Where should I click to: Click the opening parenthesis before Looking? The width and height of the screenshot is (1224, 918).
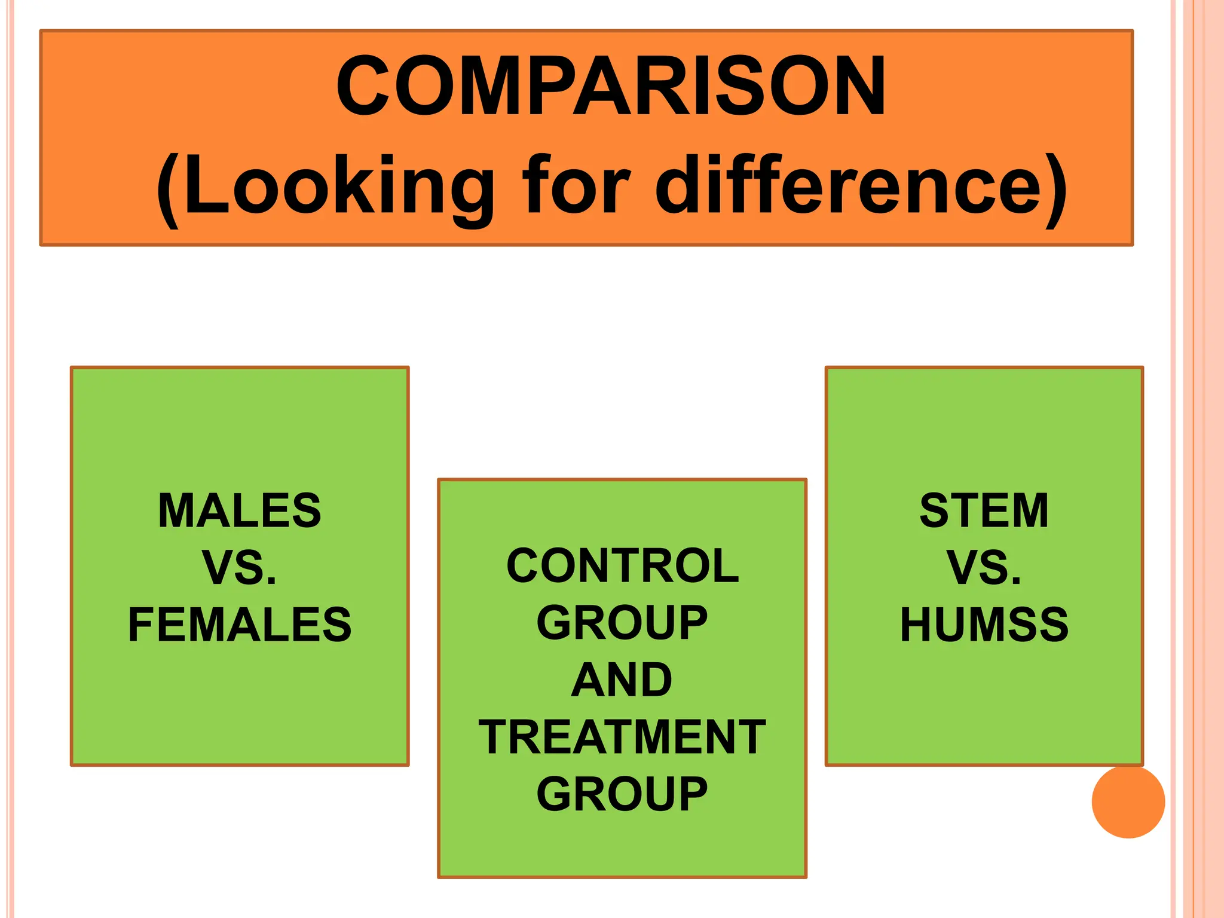pyautogui.click(x=168, y=190)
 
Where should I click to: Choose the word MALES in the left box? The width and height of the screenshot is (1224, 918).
pyautogui.click(x=240, y=510)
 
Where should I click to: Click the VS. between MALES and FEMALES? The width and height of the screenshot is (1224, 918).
pyautogui.click(x=240, y=567)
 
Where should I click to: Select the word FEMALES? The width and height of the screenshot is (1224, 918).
pyautogui.click(x=240, y=625)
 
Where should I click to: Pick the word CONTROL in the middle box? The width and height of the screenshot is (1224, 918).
pyautogui.click(x=622, y=565)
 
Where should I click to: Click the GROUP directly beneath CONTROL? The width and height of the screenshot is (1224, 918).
pyautogui.click(x=622, y=623)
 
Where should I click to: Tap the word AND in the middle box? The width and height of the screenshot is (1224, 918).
pyautogui.click(x=622, y=680)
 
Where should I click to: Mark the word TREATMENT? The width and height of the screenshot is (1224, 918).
pyautogui.click(x=622, y=737)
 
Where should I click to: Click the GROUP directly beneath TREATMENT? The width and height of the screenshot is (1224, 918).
pyautogui.click(x=622, y=794)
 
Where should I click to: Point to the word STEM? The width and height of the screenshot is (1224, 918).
pyautogui.click(x=984, y=510)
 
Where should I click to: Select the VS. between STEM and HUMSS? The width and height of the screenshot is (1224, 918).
pyautogui.click(x=984, y=567)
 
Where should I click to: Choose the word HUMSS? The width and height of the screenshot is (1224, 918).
pyautogui.click(x=984, y=625)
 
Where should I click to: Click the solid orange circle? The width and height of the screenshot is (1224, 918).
pyautogui.click(x=1128, y=801)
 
